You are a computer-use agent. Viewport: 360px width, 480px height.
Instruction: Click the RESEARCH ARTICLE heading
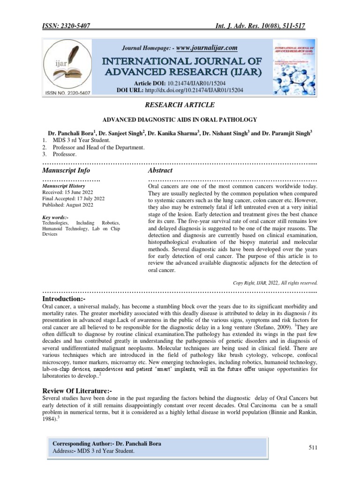tap(180, 105)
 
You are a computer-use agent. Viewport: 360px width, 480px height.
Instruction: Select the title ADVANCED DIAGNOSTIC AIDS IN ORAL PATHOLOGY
tap(180, 120)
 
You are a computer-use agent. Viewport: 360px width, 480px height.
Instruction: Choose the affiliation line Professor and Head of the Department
tap(97, 148)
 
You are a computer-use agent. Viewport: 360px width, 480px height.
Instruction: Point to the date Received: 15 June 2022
tap(67, 193)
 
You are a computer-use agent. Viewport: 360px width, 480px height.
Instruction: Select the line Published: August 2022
tap(67, 205)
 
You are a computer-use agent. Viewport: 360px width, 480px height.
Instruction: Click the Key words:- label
tap(55, 217)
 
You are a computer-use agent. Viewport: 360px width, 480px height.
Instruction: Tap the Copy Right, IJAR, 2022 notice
tap(275, 283)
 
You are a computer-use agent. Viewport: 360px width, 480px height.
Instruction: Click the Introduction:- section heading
tap(69, 299)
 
